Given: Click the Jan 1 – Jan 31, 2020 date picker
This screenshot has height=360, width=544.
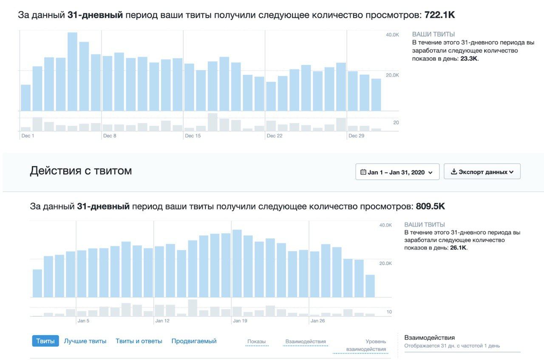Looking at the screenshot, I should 397,172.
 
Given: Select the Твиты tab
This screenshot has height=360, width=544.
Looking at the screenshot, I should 45,341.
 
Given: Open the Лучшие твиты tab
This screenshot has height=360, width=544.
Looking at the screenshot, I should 85,341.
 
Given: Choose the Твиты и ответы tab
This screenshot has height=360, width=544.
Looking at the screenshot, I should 139,341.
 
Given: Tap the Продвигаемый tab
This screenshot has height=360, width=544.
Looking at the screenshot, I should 194,341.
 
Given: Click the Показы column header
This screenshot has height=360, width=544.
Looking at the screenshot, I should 257,342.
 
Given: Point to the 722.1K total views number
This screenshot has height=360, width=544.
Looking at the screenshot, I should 439,15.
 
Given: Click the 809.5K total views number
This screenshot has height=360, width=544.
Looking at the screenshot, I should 430,207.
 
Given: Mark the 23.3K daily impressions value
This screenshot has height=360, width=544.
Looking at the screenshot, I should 469,59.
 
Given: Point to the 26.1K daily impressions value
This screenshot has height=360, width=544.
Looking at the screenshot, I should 458,247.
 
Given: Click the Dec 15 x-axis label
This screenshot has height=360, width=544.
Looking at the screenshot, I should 193,136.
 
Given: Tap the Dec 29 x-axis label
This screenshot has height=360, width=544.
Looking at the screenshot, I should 356,136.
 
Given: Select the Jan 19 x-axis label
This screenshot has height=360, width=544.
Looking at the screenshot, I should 240,321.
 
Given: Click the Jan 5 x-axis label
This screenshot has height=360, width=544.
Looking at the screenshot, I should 83,321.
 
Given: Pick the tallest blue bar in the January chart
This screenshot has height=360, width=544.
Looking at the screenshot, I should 237,264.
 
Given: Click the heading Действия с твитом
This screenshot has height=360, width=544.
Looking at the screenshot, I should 81,171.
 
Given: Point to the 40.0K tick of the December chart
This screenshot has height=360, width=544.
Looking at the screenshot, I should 392,35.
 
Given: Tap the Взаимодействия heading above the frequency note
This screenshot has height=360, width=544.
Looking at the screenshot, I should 430,337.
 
